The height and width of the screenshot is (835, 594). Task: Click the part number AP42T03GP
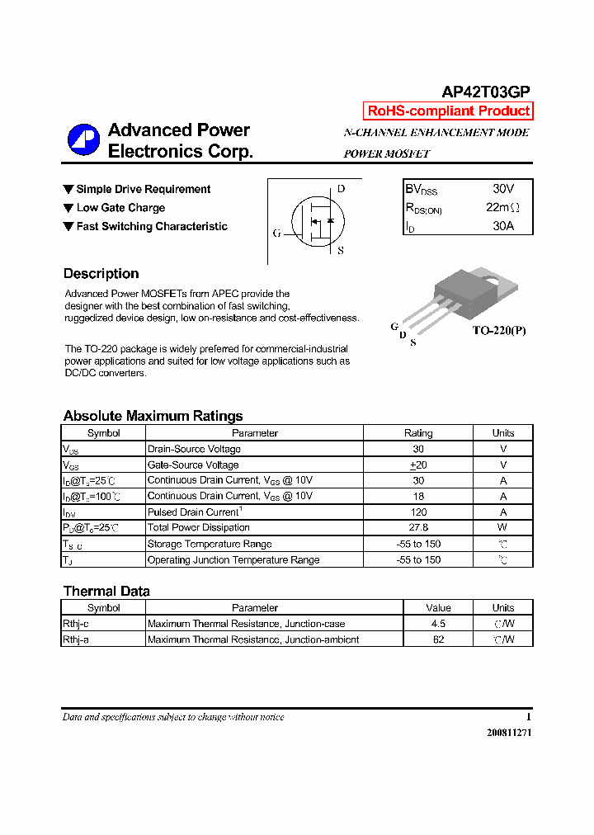tap(486, 92)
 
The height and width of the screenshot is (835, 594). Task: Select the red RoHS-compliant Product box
tap(448, 111)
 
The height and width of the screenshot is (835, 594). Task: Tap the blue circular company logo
tap(83, 140)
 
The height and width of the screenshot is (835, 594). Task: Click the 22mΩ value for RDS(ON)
tap(503, 207)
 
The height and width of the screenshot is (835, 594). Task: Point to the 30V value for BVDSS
tap(503, 189)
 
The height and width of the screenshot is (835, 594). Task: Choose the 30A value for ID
tap(503, 225)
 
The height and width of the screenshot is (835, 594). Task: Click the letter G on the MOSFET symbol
tap(277, 234)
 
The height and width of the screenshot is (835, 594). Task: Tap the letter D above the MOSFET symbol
tap(341, 189)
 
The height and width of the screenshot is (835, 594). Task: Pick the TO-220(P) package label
tap(498, 331)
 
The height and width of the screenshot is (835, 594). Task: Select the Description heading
tap(101, 274)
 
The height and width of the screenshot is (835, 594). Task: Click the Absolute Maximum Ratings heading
tap(153, 416)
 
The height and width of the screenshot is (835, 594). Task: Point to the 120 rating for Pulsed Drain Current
tap(418, 512)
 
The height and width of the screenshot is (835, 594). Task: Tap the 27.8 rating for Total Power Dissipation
tap(418, 527)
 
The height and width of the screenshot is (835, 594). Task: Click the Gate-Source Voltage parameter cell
tap(193, 465)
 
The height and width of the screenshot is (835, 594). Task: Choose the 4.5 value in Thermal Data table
tap(438, 624)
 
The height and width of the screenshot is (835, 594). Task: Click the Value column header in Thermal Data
tap(438, 607)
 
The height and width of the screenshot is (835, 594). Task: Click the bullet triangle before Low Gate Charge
tap(68, 208)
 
